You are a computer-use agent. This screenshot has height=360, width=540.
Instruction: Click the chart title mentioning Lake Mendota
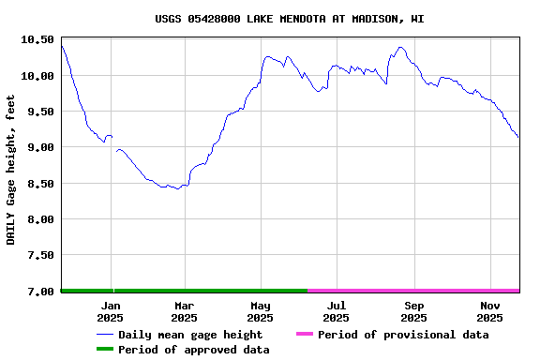pos(290,19)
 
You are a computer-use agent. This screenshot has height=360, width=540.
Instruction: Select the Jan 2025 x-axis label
pos(111,311)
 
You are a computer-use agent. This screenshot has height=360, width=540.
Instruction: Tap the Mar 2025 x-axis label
pos(184,311)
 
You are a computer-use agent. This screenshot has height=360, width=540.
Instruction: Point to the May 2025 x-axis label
pos(261,311)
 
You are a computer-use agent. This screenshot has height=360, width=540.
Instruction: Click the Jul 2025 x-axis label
pos(337,311)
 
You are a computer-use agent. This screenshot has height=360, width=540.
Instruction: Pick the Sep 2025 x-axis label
pos(414,311)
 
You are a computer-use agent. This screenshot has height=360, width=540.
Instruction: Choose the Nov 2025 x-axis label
pos(490,311)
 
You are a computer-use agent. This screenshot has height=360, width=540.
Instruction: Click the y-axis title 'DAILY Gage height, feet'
pos(11,169)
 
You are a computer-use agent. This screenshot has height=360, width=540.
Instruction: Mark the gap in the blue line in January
pos(114,143)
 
